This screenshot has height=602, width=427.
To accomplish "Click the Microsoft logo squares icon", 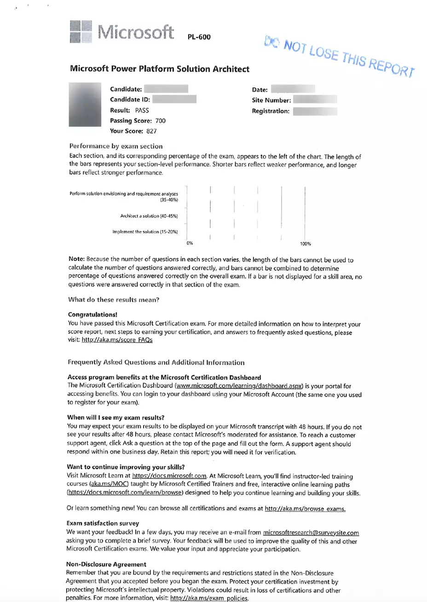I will coord(81,31).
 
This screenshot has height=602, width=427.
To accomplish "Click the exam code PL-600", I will coord(199,37).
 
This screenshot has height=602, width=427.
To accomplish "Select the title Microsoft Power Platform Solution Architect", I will coord(159,69).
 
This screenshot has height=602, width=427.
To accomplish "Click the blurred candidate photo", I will coord(85,104).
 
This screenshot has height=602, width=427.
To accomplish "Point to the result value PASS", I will coord(142,110).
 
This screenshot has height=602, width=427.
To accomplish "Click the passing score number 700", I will coord(161,121).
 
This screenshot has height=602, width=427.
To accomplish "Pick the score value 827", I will coord(151,131).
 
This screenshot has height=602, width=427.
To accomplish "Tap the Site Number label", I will coord(271,100).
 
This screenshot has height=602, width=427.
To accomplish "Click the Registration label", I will coord(271,111).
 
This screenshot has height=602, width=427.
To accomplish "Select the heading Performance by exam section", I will coord(115,146).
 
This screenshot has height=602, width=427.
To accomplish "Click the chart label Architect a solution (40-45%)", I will coord(149,216).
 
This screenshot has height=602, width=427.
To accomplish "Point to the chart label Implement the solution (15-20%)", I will coord(145,232).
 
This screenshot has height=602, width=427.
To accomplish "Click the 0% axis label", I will coord(190,243).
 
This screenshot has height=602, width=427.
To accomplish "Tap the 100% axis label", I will coord(306,244).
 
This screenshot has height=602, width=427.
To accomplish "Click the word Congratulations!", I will coord(92,315).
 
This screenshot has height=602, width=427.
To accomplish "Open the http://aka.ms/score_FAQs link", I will coord(117,340).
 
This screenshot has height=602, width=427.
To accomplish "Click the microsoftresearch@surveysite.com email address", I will coord(311,533).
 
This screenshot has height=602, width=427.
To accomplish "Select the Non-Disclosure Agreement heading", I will coord(106,564).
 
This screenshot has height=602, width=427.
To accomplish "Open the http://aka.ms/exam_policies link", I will coord(209,599).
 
